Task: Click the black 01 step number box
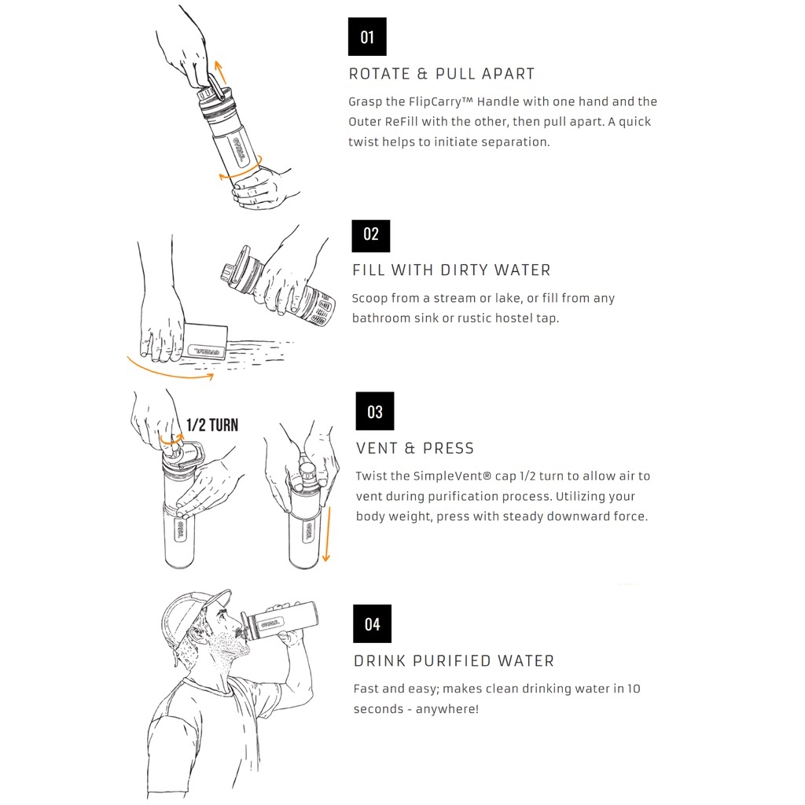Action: [x=367, y=36]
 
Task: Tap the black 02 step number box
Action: [x=371, y=236]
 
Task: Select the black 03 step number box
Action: [x=375, y=411]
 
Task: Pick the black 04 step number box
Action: [x=372, y=623]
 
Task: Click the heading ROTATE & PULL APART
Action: [x=442, y=74]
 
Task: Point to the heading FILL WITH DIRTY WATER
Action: [x=451, y=270]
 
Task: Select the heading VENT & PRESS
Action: [x=415, y=448]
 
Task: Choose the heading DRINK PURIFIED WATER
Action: [x=454, y=660]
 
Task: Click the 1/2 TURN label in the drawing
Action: [x=212, y=425]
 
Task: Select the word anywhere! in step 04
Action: [x=447, y=709]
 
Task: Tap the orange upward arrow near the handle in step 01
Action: [x=221, y=72]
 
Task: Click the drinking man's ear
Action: [x=196, y=638]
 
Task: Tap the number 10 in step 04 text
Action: [x=634, y=689]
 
